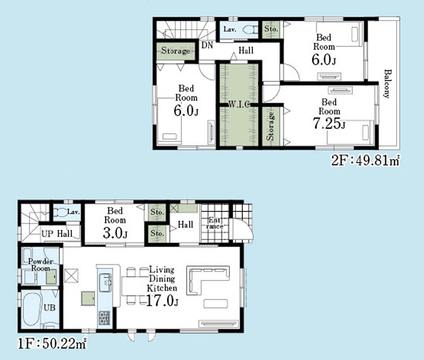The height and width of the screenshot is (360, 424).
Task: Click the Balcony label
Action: (388, 84)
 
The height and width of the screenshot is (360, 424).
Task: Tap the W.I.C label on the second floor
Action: (239, 104)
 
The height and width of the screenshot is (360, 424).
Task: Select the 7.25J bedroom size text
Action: (329, 124)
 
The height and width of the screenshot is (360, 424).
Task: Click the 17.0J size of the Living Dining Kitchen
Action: (162, 300)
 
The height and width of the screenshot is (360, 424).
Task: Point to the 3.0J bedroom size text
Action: (115, 233)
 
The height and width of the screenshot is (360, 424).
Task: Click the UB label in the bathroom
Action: (49, 308)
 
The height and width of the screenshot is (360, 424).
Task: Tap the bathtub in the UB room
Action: (31, 310)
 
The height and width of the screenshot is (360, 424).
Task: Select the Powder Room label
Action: (40, 265)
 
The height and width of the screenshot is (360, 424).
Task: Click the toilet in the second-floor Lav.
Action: (251, 30)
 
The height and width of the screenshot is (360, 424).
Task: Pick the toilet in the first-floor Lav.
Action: (61, 212)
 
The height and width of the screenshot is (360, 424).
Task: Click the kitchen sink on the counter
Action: (105, 283)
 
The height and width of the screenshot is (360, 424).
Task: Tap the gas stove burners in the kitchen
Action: (105, 318)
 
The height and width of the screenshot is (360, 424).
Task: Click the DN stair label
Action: (207, 45)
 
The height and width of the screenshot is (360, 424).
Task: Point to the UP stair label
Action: (47, 233)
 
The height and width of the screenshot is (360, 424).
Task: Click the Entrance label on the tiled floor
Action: (215, 223)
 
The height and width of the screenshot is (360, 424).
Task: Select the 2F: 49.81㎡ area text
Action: (366, 161)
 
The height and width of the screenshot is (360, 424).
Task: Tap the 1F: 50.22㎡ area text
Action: (52, 344)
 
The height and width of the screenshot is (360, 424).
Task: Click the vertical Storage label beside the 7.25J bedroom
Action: (271, 127)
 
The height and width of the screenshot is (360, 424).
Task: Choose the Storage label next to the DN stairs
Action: (176, 50)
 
